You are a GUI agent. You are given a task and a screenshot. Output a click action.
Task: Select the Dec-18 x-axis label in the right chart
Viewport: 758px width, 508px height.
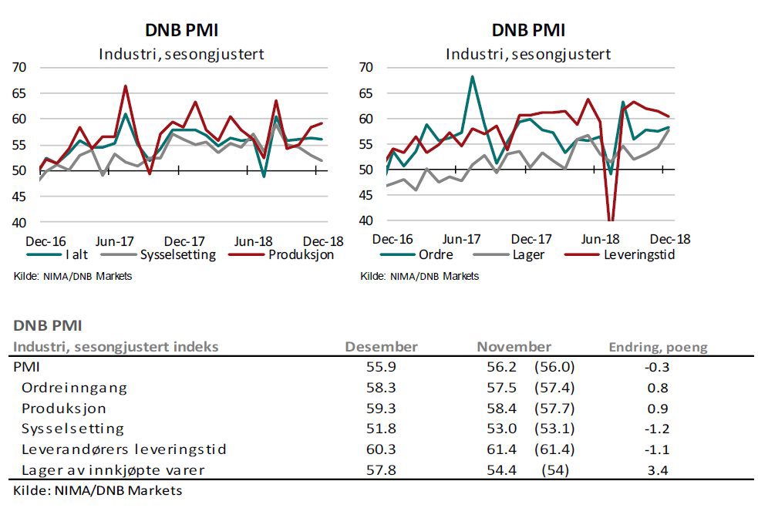click(x=669, y=239)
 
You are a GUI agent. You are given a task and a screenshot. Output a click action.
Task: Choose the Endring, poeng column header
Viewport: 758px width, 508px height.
click(x=658, y=347)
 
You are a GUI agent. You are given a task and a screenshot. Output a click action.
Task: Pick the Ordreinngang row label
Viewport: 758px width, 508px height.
click(x=74, y=388)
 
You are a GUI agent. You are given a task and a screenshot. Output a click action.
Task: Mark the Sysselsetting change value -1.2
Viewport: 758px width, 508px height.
click(x=658, y=429)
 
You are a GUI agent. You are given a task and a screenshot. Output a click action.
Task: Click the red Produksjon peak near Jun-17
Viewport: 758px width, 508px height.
click(x=126, y=86)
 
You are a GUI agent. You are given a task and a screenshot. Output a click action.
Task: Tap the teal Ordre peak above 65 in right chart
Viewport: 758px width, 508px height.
click(x=472, y=77)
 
